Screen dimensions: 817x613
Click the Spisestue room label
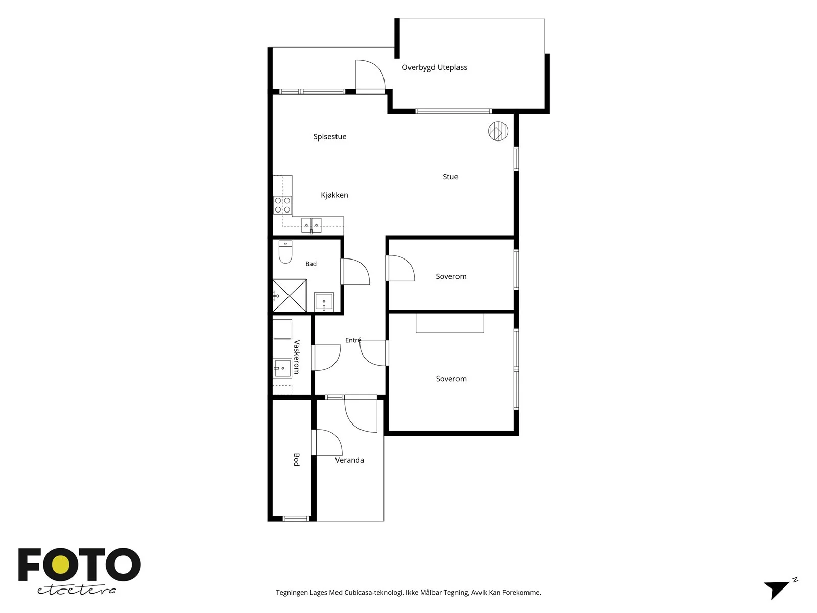[x=329, y=136]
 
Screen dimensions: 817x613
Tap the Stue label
[x=450, y=177]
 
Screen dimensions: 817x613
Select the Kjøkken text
[x=334, y=195]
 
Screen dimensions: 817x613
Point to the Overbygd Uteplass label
[x=435, y=67]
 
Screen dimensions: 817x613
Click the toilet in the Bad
[x=285, y=252]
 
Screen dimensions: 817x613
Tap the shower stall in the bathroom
[x=290, y=296]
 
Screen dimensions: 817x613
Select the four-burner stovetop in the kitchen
[x=282, y=205]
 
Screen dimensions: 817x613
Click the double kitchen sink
[x=311, y=226]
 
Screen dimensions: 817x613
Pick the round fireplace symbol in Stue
[x=498, y=131]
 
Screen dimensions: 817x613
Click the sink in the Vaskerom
[x=282, y=368]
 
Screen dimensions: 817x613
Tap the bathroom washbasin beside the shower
[x=324, y=301]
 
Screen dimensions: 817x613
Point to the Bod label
[x=297, y=460]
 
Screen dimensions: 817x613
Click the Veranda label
[x=349, y=460]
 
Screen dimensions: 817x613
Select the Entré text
[x=353, y=340]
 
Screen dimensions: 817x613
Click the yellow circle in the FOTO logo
[x=61, y=565]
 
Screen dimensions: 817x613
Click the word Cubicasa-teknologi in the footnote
[x=374, y=593]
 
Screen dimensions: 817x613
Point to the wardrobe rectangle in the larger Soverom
[x=450, y=323]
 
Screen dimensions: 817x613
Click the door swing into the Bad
[x=355, y=272]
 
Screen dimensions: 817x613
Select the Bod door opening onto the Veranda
[x=327, y=442]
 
